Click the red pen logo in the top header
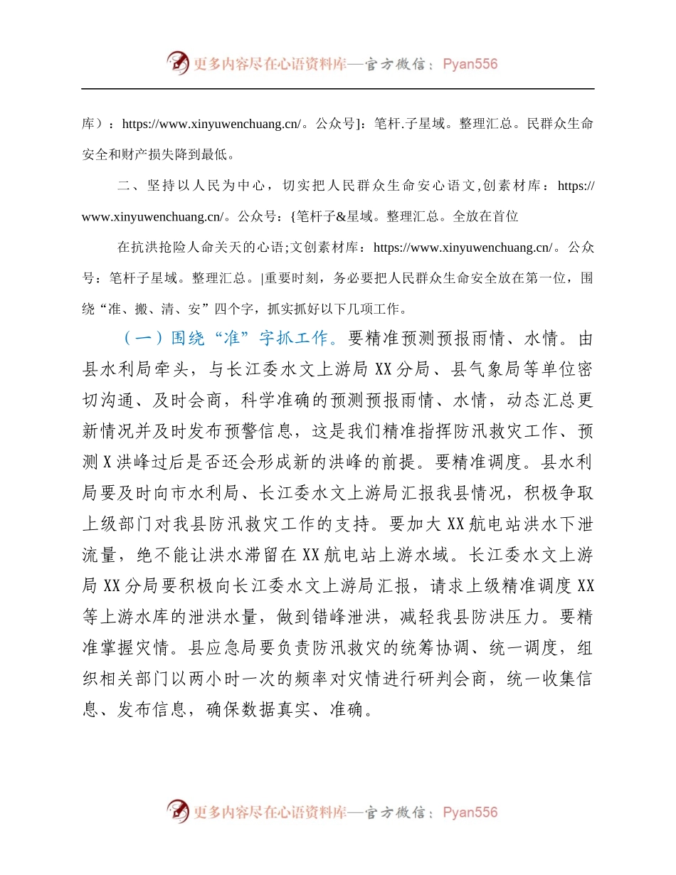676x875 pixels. [x=178, y=63]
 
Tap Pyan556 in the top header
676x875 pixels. [x=470, y=64]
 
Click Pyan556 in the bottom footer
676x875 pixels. [x=470, y=812]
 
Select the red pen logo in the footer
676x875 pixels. [x=178, y=812]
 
